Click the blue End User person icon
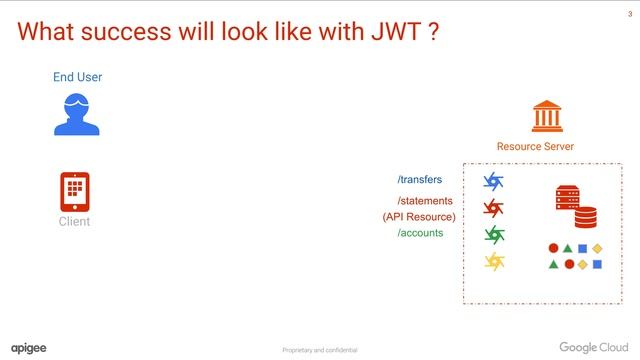pos(77,114)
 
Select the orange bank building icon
pos(545,116)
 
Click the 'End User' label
pos(77,77)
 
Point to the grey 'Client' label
pos(74,221)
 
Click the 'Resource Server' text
pos(535,146)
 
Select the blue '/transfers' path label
pos(419,180)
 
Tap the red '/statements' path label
pos(425,201)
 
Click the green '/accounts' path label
pos(420,233)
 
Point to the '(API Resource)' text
pos(419,217)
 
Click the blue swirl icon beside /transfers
pos(494,181)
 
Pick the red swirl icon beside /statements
pos(494,208)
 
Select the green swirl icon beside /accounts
pos(494,235)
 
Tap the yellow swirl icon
pos(494,262)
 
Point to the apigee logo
pos(29,347)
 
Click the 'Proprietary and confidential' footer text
pos(319,350)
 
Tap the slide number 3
pos(629,12)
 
